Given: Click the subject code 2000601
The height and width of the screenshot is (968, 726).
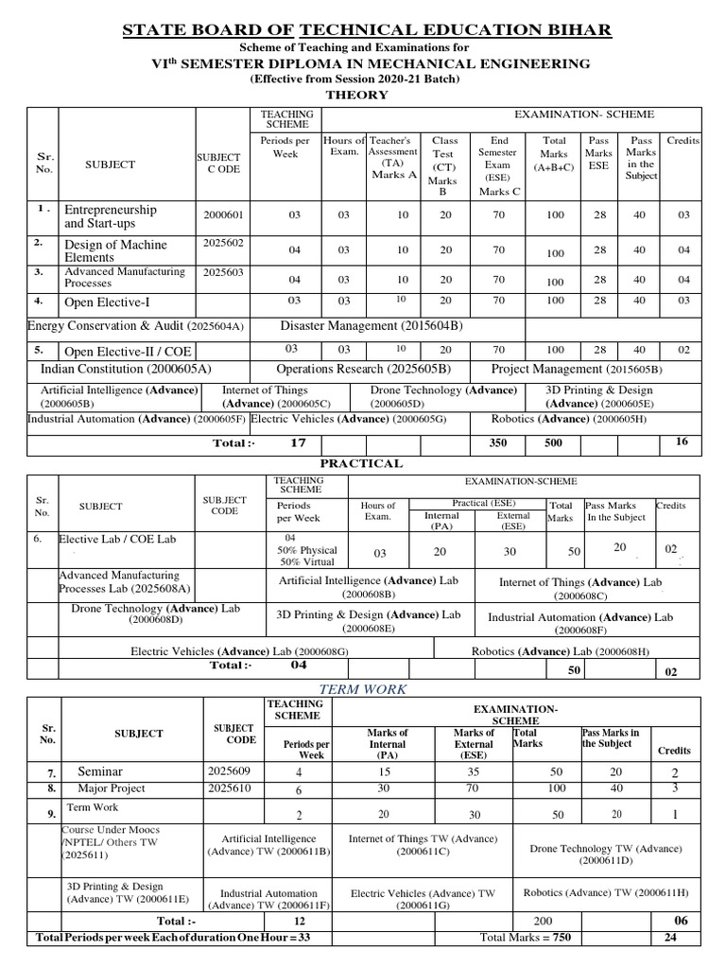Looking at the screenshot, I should click(x=223, y=216).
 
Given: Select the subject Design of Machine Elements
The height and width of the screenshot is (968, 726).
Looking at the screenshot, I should click(x=114, y=251).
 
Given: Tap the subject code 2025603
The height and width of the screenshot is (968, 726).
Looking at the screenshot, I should click(x=223, y=272).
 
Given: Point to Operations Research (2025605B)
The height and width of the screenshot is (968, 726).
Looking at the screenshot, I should click(x=363, y=369).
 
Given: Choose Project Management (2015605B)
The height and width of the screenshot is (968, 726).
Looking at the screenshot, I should click(x=577, y=369).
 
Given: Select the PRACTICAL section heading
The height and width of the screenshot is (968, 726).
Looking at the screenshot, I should click(x=362, y=463).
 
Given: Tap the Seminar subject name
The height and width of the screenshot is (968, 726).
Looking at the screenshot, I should click(x=100, y=772).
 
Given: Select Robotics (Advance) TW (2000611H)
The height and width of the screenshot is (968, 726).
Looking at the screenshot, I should click(x=606, y=892).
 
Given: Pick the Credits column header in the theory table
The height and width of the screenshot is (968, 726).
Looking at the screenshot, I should click(x=683, y=140).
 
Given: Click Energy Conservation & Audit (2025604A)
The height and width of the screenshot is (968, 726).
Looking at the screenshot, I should click(x=136, y=326).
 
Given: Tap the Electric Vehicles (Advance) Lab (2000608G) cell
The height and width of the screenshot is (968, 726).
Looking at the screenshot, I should click(x=239, y=651).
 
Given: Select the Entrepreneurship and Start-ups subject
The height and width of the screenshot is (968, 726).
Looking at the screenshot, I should click(x=110, y=216).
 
